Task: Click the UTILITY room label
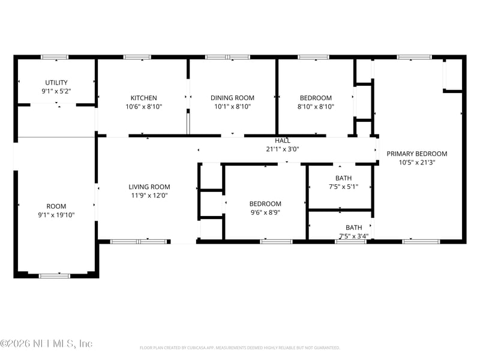coord(56,83)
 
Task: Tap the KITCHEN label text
coord(144,98)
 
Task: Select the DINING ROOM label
coord(232,98)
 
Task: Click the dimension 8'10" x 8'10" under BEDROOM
coord(316,107)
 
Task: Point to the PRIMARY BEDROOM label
coord(416,154)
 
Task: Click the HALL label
coord(283,140)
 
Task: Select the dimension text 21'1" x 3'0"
coord(283,149)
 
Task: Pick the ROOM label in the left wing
coord(56,206)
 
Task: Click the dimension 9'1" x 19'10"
coord(56,215)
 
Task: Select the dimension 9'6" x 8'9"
coord(265,212)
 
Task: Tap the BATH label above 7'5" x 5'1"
coord(344,178)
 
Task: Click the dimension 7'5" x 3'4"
coord(353,236)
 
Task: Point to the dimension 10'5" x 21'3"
coord(416,162)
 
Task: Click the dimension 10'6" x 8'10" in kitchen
coord(144,107)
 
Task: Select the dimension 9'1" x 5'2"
coord(56,92)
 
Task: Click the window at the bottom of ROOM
coord(55,275)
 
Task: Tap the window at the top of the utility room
coord(55,57)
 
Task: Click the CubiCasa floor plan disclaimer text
coord(240,347)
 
